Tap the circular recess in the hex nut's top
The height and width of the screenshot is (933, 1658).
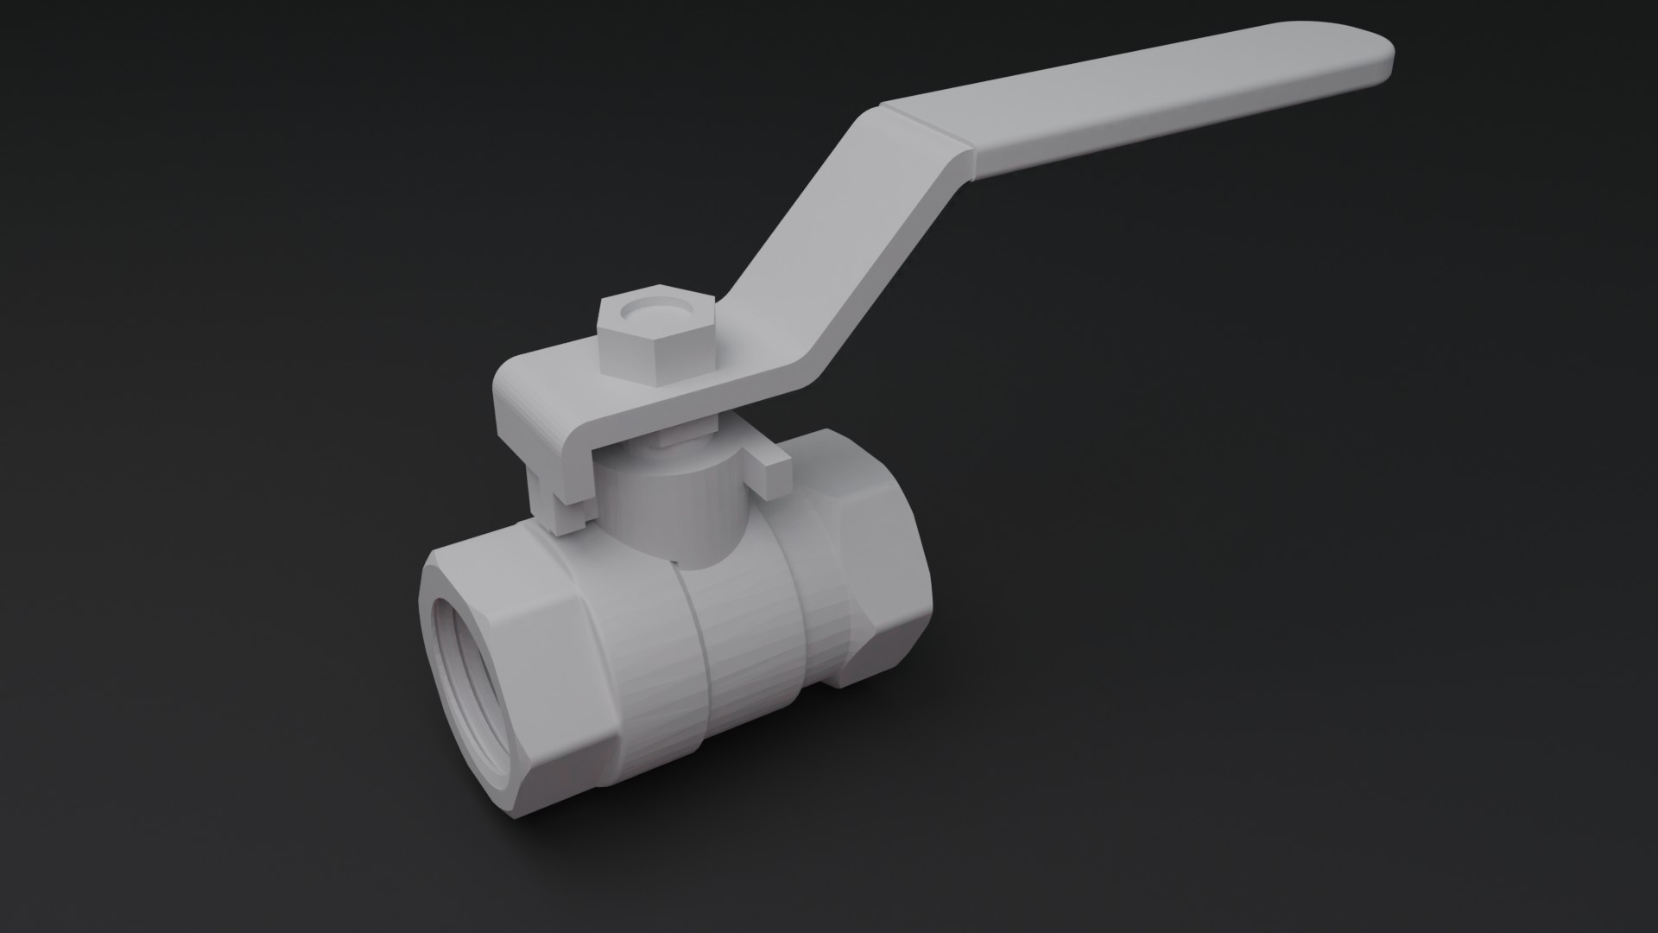[657, 308]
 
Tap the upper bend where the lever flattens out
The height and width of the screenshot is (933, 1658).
[959, 155]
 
